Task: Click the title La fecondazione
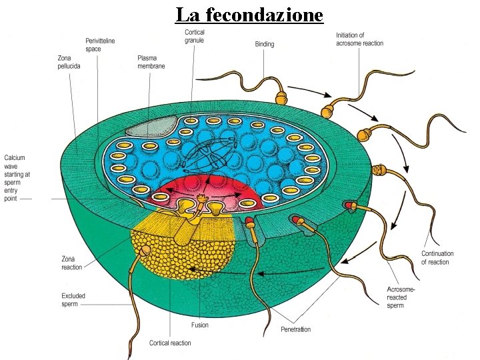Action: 249,14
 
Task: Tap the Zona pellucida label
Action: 68,62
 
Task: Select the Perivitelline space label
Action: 100,45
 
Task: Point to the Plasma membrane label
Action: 151,62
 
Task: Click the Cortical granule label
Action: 195,36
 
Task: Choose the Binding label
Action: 265,44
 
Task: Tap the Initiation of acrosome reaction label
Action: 359,39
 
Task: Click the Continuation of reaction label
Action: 437,257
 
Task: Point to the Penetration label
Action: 296,329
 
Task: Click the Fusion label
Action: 199,325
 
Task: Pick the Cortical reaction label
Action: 170,343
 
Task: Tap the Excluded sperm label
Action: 73,300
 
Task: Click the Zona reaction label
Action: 72,263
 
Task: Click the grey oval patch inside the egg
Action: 152,126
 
